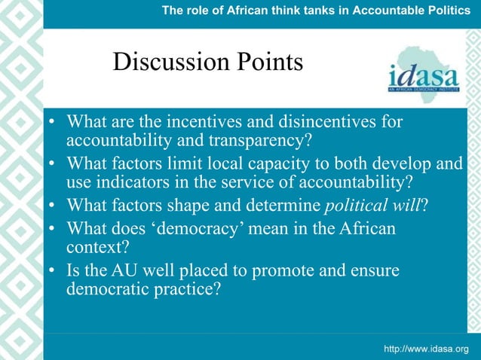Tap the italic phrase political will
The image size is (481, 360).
pos(371,204)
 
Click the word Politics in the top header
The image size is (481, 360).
pos(451,10)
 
